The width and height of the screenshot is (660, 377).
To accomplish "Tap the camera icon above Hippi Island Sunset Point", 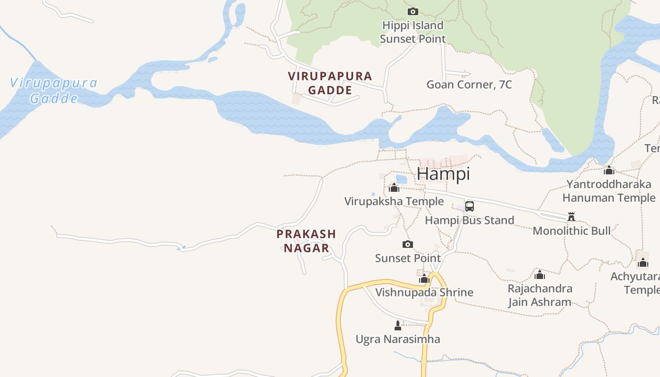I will (413, 11).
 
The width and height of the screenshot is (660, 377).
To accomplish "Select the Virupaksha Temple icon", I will (394, 188).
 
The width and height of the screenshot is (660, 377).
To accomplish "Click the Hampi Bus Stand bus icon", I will (470, 206).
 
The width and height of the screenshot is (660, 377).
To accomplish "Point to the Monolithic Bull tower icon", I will (571, 217).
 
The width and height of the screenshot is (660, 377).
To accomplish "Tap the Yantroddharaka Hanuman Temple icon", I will (609, 170).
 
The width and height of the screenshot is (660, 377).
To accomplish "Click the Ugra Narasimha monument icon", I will (398, 325).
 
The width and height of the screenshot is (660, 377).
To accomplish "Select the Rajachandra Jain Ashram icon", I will (540, 275).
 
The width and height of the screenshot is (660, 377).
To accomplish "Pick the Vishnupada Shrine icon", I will (424, 279).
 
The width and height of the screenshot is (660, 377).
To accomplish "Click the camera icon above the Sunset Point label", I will (408, 244).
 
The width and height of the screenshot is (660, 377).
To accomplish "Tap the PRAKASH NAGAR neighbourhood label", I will (306, 241).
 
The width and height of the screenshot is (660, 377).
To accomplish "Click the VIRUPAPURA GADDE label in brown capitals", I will (330, 83).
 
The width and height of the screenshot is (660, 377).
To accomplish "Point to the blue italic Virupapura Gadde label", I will (54, 90).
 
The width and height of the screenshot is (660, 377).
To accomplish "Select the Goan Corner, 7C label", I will (469, 85).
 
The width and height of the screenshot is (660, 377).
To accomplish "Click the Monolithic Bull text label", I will (571, 231).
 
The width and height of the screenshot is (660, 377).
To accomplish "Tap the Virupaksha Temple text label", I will (394, 202).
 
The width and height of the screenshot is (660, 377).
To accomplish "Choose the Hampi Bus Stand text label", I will (470, 220).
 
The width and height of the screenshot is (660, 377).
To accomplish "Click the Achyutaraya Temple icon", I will (643, 262).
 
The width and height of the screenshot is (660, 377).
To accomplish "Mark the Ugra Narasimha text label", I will (398, 339).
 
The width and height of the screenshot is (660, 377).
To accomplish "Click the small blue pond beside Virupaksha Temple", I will (401, 180).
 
